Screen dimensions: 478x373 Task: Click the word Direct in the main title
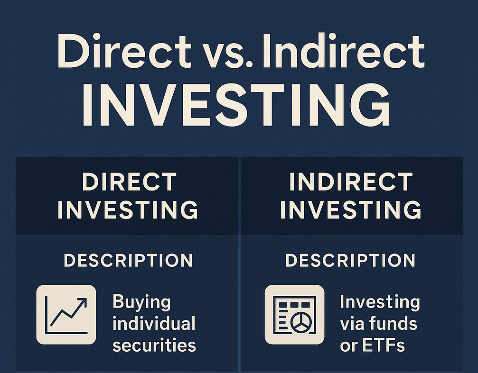124,51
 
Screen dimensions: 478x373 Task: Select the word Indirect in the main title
344,51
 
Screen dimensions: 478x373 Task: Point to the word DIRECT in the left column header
129,182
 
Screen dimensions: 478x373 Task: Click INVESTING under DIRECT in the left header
128,210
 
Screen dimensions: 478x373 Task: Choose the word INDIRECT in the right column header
351,182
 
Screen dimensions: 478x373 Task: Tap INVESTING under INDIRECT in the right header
351,210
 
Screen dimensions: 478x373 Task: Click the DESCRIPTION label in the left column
128,261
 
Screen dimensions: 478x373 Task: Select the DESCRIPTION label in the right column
350,261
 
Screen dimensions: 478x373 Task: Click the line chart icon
66,315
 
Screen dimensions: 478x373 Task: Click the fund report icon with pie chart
294,315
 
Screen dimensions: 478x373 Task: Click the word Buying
141,302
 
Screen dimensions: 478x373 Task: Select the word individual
154,323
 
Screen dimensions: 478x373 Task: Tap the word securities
154,346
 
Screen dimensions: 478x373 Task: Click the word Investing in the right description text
380,302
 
